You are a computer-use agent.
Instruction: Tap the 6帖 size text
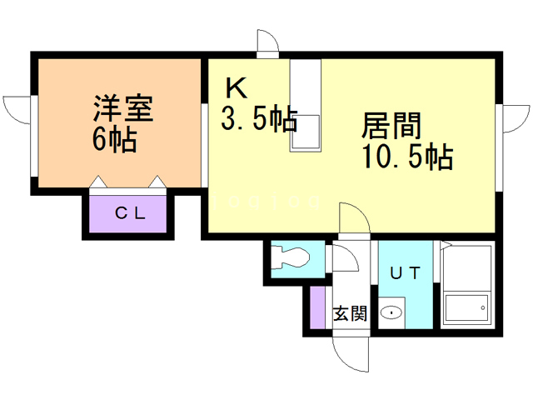[114, 139]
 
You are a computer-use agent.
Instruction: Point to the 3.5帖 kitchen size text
[258, 121]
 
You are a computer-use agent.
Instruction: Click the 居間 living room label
[391, 126]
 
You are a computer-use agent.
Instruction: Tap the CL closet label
[130, 213]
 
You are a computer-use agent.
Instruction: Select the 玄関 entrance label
[350, 314]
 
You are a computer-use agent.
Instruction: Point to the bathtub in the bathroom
[467, 308]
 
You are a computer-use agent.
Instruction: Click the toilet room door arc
[345, 257]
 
